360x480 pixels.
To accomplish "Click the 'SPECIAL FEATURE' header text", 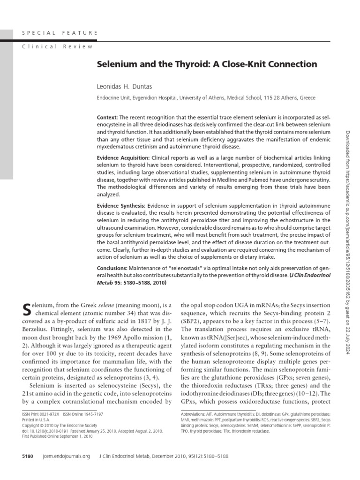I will coord(60,33).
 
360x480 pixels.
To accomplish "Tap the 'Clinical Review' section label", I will coord(57,46).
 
